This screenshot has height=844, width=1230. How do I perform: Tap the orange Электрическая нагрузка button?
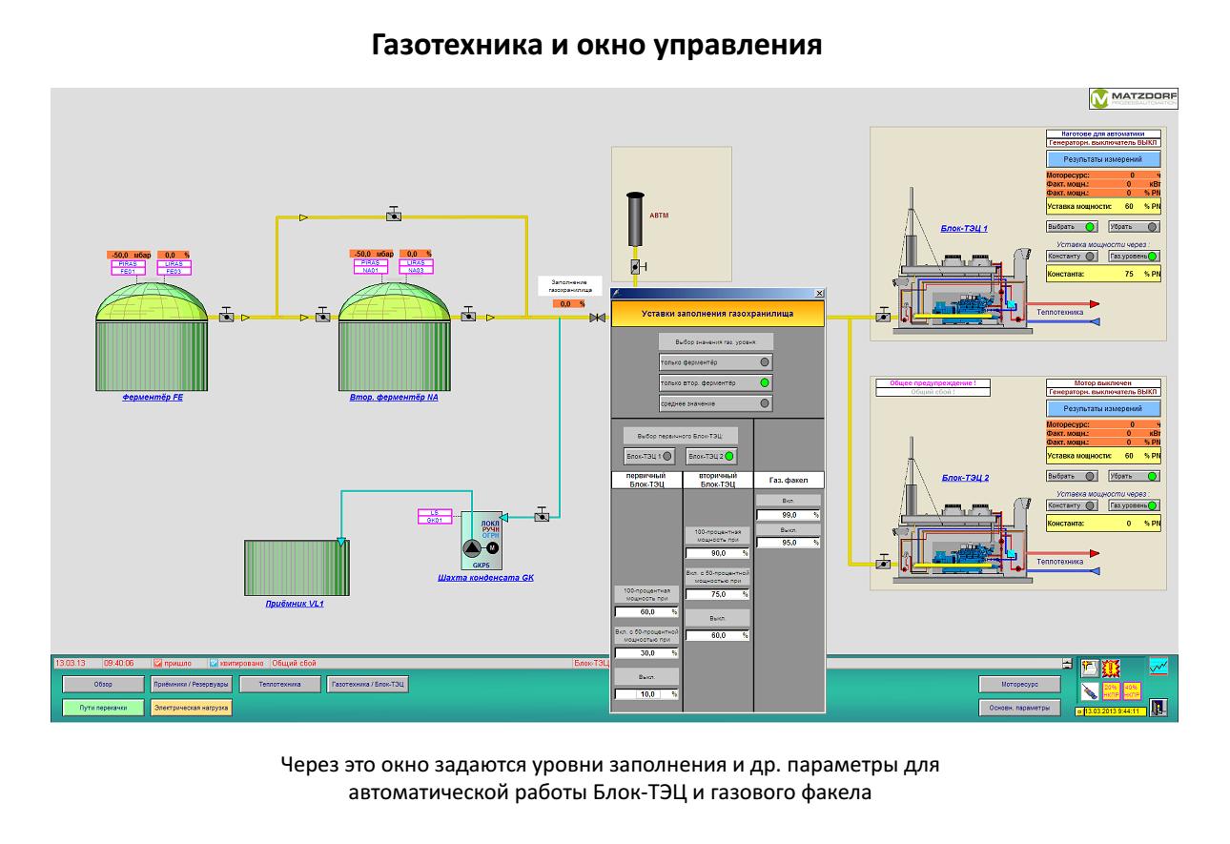point(191,708)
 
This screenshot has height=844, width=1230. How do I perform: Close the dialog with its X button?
point(820,293)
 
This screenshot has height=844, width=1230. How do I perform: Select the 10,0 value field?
point(645,694)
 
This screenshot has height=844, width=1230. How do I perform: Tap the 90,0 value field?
point(715,553)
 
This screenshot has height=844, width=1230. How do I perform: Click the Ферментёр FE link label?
point(153,398)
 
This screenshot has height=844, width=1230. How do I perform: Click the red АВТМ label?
point(659,216)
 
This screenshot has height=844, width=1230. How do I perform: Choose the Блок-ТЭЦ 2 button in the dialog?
point(715,457)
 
